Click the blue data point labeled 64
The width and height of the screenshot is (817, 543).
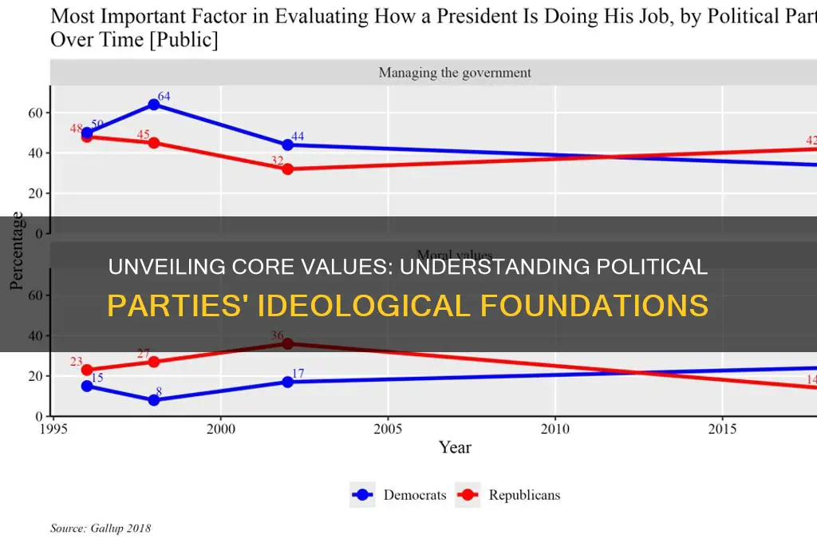[154, 105]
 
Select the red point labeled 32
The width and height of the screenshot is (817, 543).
[287, 169]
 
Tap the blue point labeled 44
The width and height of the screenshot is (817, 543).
[287, 145]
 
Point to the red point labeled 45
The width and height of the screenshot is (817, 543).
[154, 143]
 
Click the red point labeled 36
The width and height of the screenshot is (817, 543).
[287, 343]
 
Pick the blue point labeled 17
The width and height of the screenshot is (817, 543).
[287, 382]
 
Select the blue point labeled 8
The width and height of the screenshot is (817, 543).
[154, 400]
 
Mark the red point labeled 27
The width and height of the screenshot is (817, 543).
[154, 362]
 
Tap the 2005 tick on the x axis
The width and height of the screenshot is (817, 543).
[387, 427]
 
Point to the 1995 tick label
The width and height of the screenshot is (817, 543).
[53, 427]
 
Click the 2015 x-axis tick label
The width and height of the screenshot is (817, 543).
[721, 427]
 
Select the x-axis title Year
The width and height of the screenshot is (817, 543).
[455, 448]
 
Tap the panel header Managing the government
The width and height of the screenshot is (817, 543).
[454, 73]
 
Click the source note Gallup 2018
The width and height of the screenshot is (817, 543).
[101, 528]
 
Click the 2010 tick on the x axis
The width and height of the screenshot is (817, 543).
[555, 427]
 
